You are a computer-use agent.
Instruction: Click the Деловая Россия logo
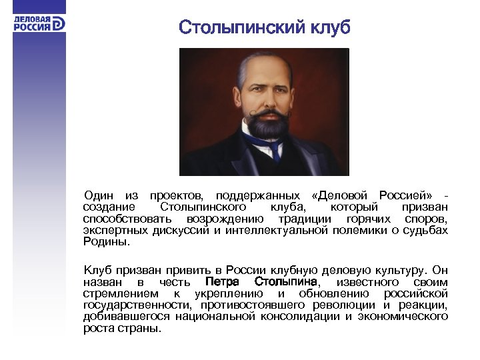tap(39, 23)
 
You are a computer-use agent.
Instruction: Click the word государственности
tap(127, 305)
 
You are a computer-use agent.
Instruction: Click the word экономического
tap(403, 317)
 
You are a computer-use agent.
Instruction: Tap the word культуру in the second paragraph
tap(392, 271)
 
